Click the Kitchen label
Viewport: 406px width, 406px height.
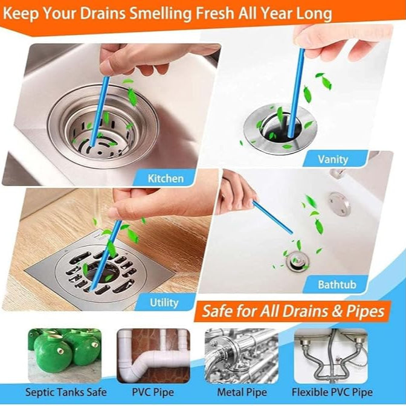tap(166, 178)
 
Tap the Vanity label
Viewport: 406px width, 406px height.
tap(333, 159)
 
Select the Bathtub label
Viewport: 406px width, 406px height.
tap(337, 285)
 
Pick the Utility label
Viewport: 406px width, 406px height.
tap(164, 303)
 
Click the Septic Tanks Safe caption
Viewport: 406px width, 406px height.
tap(66, 392)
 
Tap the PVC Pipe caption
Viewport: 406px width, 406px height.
tap(153, 392)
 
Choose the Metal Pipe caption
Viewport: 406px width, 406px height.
tap(242, 392)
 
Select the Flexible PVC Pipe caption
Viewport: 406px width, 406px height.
tap(332, 392)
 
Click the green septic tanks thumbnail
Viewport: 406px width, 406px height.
tap(65, 356)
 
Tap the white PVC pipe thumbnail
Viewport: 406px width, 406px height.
tap(153, 356)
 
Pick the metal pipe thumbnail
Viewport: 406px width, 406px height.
tap(242, 356)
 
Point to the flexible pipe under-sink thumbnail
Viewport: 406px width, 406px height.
tap(331, 356)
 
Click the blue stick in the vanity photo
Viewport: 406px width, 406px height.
tap(297, 92)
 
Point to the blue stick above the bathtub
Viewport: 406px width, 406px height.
tap(272, 217)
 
